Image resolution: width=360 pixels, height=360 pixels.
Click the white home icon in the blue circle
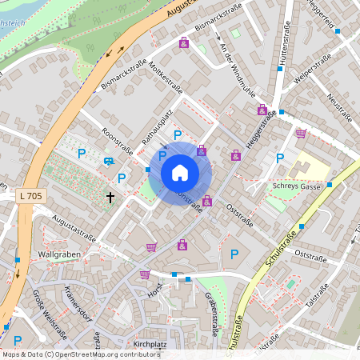click(x=180, y=172)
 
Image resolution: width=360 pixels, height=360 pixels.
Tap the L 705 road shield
click(x=28, y=195)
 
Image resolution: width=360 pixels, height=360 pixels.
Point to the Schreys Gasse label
click(x=296, y=186)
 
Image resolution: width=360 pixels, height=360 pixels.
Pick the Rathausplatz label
click(x=158, y=129)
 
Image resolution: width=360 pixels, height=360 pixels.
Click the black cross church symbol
click(x=110, y=196)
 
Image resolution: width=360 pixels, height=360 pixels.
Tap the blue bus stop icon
click(x=108, y=161)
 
